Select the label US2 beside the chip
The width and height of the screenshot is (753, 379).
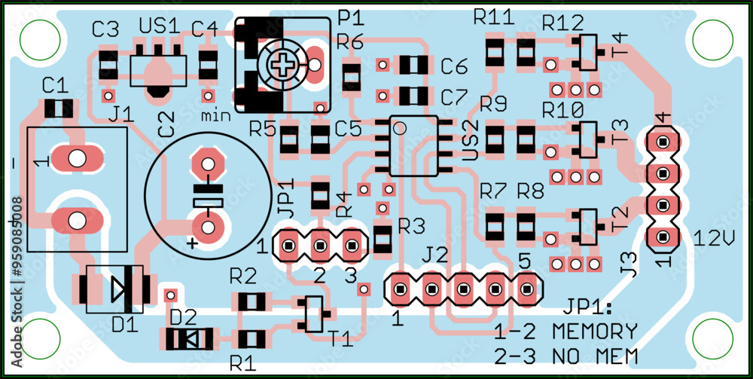[468, 141]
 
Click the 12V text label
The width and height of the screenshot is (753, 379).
[714, 240]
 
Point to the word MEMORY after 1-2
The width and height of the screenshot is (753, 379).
[595, 331]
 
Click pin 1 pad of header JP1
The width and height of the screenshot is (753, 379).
[288, 245]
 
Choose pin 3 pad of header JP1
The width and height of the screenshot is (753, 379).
[351, 245]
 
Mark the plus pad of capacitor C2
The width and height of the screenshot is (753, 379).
[207, 226]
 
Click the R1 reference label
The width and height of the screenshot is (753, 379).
[242, 363]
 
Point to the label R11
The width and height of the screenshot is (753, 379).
[493, 17]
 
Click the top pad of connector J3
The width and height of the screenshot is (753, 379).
[663, 141]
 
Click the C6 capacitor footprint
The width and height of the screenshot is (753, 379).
[413, 66]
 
